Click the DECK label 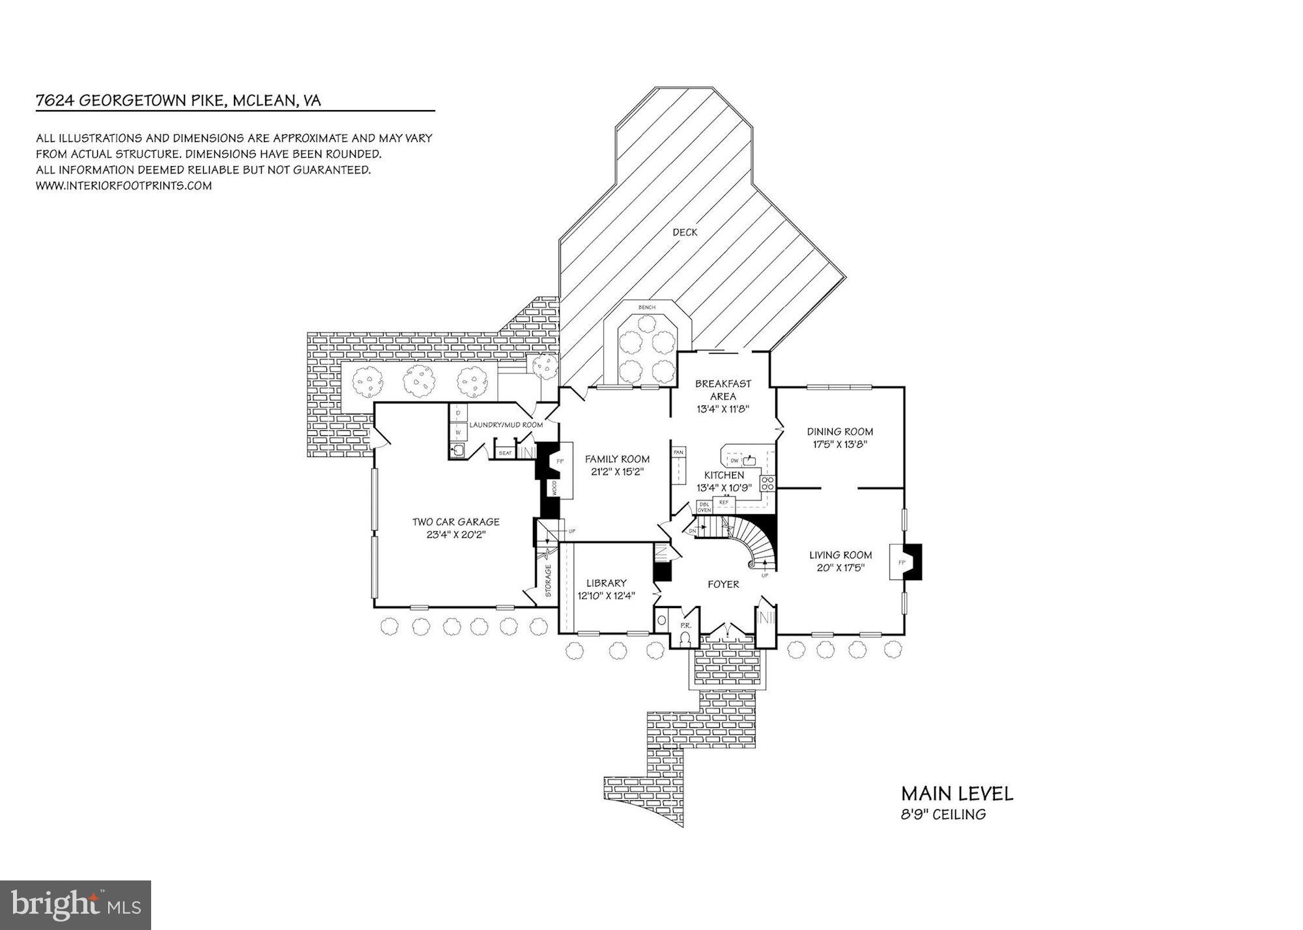pyautogui.click(x=685, y=232)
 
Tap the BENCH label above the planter pyautogui.click(x=647, y=308)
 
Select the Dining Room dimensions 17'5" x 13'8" pyautogui.click(x=839, y=444)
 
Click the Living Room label pyautogui.click(x=840, y=555)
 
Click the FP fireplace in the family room pyautogui.click(x=559, y=461)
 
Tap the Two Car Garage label pyautogui.click(x=455, y=521)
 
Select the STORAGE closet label pyautogui.click(x=548, y=581)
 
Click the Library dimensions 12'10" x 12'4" pyautogui.click(x=606, y=596)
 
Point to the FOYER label pyautogui.click(x=723, y=584)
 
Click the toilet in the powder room pyautogui.click(x=684, y=640)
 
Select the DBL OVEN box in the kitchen pyautogui.click(x=704, y=507)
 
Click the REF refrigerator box pyautogui.click(x=723, y=502)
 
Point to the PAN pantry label pyautogui.click(x=679, y=452)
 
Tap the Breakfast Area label pyautogui.click(x=723, y=390)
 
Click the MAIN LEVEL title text pyautogui.click(x=956, y=794)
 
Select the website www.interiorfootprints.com pyautogui.click(x=124, y=185)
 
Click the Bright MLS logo pyautogui.click(x=76, y=905)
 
